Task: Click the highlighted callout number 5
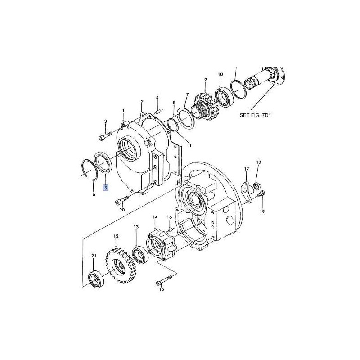[x=106, y=188]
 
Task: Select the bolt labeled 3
[x=105, y=136]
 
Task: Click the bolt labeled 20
[x=122, y=200]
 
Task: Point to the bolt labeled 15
[x=164, y=280]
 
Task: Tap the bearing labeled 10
[x=224, y=96]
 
